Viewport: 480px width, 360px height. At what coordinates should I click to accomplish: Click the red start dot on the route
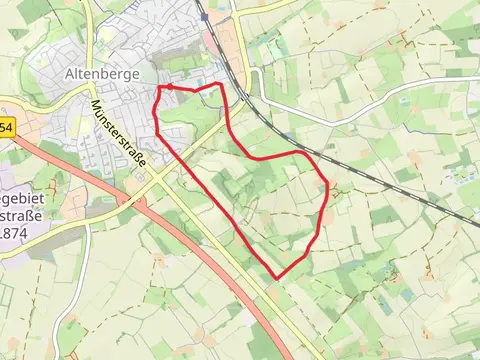pyautogui.click(x=169, y=88)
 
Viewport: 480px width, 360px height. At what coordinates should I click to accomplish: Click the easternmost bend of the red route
pyautogui.click(x=327, y=183)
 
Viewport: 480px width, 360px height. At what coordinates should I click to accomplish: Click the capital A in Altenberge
pyautogui.click(x=69, y=74)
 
